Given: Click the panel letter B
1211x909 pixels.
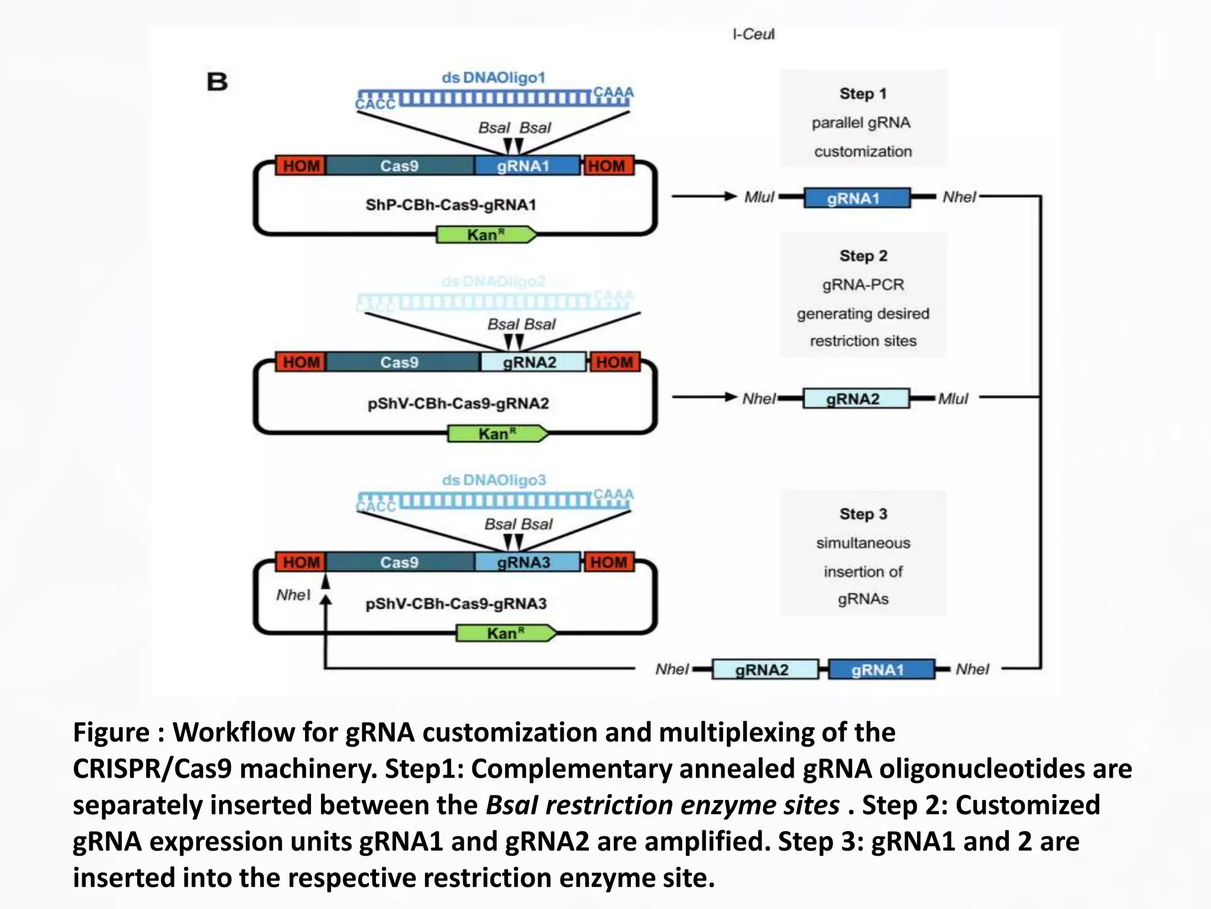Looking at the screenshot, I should (x=217, y=82).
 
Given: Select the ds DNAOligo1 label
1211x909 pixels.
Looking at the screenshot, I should (x=493, y=78).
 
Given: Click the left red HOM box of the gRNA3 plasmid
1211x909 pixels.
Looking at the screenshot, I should (x=300, y=562).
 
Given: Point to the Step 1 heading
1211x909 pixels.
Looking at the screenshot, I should (x=863, y=94).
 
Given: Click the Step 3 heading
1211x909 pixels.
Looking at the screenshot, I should (x=863, y=514).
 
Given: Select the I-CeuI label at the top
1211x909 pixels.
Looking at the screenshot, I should (x=753, y=34).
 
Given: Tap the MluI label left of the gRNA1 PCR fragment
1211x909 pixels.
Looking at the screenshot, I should (x=759, y=197).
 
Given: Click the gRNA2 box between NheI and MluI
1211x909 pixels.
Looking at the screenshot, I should (x=855, y=399).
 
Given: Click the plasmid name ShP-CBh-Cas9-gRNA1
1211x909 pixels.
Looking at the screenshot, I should (x=451, y=205).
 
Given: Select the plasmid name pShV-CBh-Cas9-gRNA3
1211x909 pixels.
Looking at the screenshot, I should (x=456, y=604).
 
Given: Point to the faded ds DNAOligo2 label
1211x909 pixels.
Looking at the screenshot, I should (x=493, y=281).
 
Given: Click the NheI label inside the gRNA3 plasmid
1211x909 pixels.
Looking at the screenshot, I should (x=293, y=595).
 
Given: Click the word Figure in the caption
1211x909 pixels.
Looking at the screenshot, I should (x=111, y=733).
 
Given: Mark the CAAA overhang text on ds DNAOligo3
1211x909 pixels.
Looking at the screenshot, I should (x=613, y=494).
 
